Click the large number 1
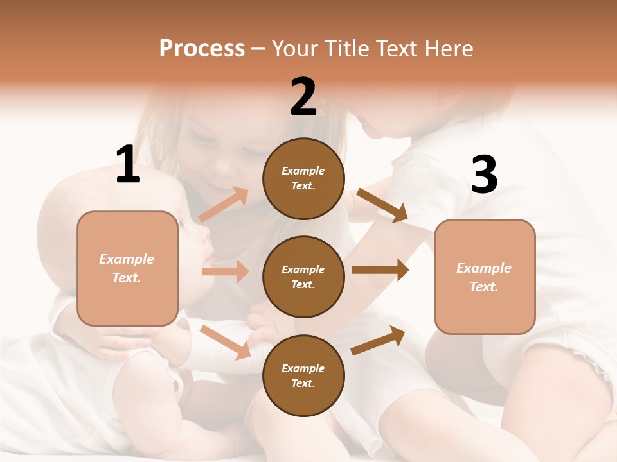pyautogui.click(x=128, y=165)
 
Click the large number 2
pyautogui.click(x=303, y=97)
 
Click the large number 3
pyautogui.click(x=484, y=175)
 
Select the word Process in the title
pyautogui.click(x=202, y=49)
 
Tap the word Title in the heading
pyautogui.click(x=348, y=49)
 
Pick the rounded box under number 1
pyautogui.click(x=127, y=268)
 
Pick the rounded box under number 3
pyautogui.click(x=485, y=277)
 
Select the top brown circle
pyautogui.click(x=303, y=178)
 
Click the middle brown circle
pyautogui.click(x=303, y=277)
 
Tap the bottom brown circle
pyautogui.click(x=303, y=375)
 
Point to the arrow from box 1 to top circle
pyautogui.click(x=224, y=205)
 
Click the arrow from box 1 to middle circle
pyautogui.click(x=225, y=271)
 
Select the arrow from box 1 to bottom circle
pyautogui.click(x=226, y=342)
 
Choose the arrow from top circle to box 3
pyautogui.click(x=382, y=205)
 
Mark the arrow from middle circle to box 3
pyautogui.click(x=380, y=270)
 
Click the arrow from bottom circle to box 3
pyautogui.click(x=378, y=341)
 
